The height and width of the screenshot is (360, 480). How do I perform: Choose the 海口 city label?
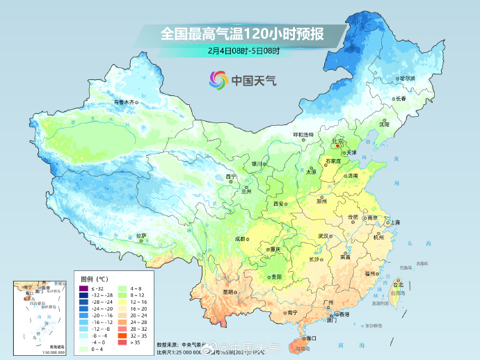pyautogui.click(x=309, y=338)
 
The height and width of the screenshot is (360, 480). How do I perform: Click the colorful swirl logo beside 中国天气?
pyautogui.click(x=218, y=80)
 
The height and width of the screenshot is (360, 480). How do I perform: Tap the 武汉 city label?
pyautogui.click(x=323, y=236)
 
